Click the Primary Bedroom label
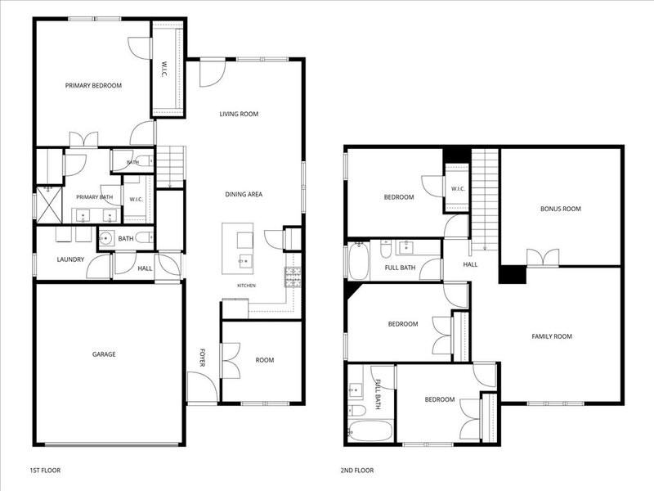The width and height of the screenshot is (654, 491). click(93, 86)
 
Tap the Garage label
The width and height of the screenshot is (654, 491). click(104, 354)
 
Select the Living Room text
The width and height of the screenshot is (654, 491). click(239, 114)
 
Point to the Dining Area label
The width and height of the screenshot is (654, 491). click(244, 194)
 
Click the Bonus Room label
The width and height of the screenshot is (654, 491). click(561, 209)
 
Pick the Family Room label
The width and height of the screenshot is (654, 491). click(552, 336)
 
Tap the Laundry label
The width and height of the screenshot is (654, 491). click(70, 259)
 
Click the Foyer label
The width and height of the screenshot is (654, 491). click(202, 358)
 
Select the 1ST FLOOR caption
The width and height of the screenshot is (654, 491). click(45, 471)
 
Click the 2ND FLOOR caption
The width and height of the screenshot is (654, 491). click(357, 471)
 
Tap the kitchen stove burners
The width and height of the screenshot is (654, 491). click(293, 277)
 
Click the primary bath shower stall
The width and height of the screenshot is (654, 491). click(49, 205)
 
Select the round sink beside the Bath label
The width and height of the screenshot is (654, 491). click(106, 239)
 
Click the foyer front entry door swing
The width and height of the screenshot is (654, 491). click(202, 387)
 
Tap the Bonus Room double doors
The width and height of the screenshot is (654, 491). click(543, 258)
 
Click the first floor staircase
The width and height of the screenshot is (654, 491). click(170, 168)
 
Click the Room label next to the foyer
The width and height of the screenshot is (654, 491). click(265, 360)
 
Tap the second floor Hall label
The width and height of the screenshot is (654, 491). click(470, 264)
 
